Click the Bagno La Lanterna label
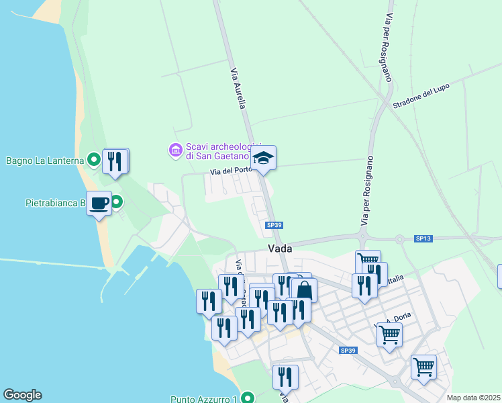coord(44,161)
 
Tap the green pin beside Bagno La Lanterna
coord(94,161)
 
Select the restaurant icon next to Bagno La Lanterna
coord(116,161)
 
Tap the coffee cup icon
coord(99,202)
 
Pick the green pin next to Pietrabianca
coord(117,201)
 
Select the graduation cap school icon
coord(263,159)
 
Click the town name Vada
coord(279,248)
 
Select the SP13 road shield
coord(423,238)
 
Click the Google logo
coord(22,395)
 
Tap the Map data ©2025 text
coord(472,398)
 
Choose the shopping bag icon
coord(304,290)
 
